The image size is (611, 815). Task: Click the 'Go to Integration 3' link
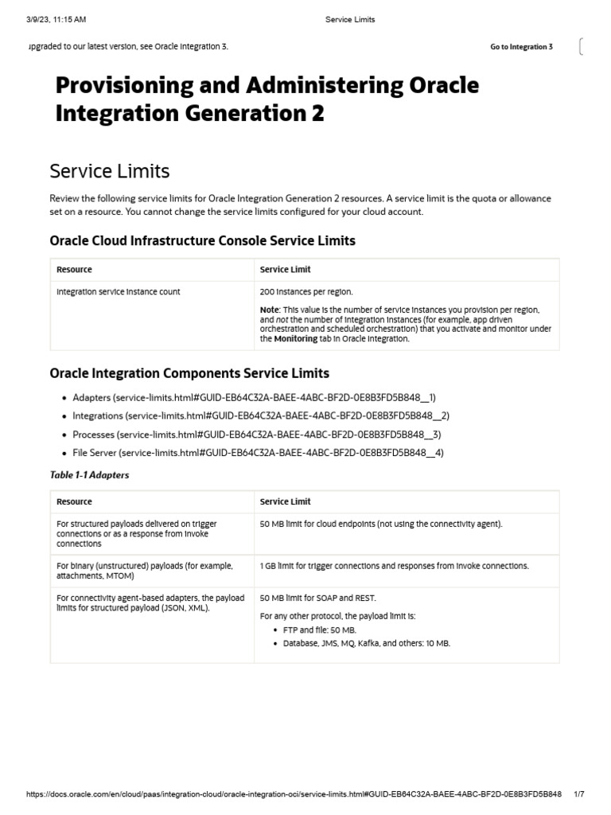coord(521,47)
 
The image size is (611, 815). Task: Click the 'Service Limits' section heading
coord(109,171)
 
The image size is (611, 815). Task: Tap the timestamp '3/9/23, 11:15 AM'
coord(56,19)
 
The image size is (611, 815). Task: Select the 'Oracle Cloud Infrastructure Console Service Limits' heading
coord(202,240)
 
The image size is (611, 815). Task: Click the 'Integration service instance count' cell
coord(119,292)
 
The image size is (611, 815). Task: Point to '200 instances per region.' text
coord(306,292)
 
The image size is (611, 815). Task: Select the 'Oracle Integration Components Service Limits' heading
coord(189,373)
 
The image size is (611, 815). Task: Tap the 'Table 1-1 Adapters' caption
coord(89,475)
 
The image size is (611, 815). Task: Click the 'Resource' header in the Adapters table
coord(74,502)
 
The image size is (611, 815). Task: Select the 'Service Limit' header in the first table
coord(285,270)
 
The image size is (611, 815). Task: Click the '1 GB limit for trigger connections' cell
coord(394,566)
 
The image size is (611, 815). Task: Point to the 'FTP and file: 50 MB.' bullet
coord(319,630)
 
